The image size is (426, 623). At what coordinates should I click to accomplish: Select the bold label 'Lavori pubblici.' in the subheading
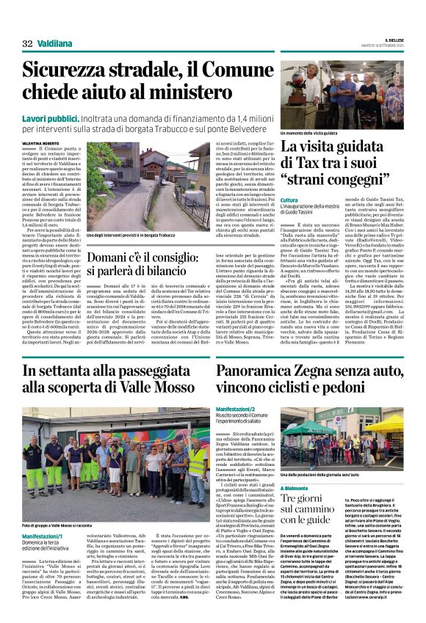48,117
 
